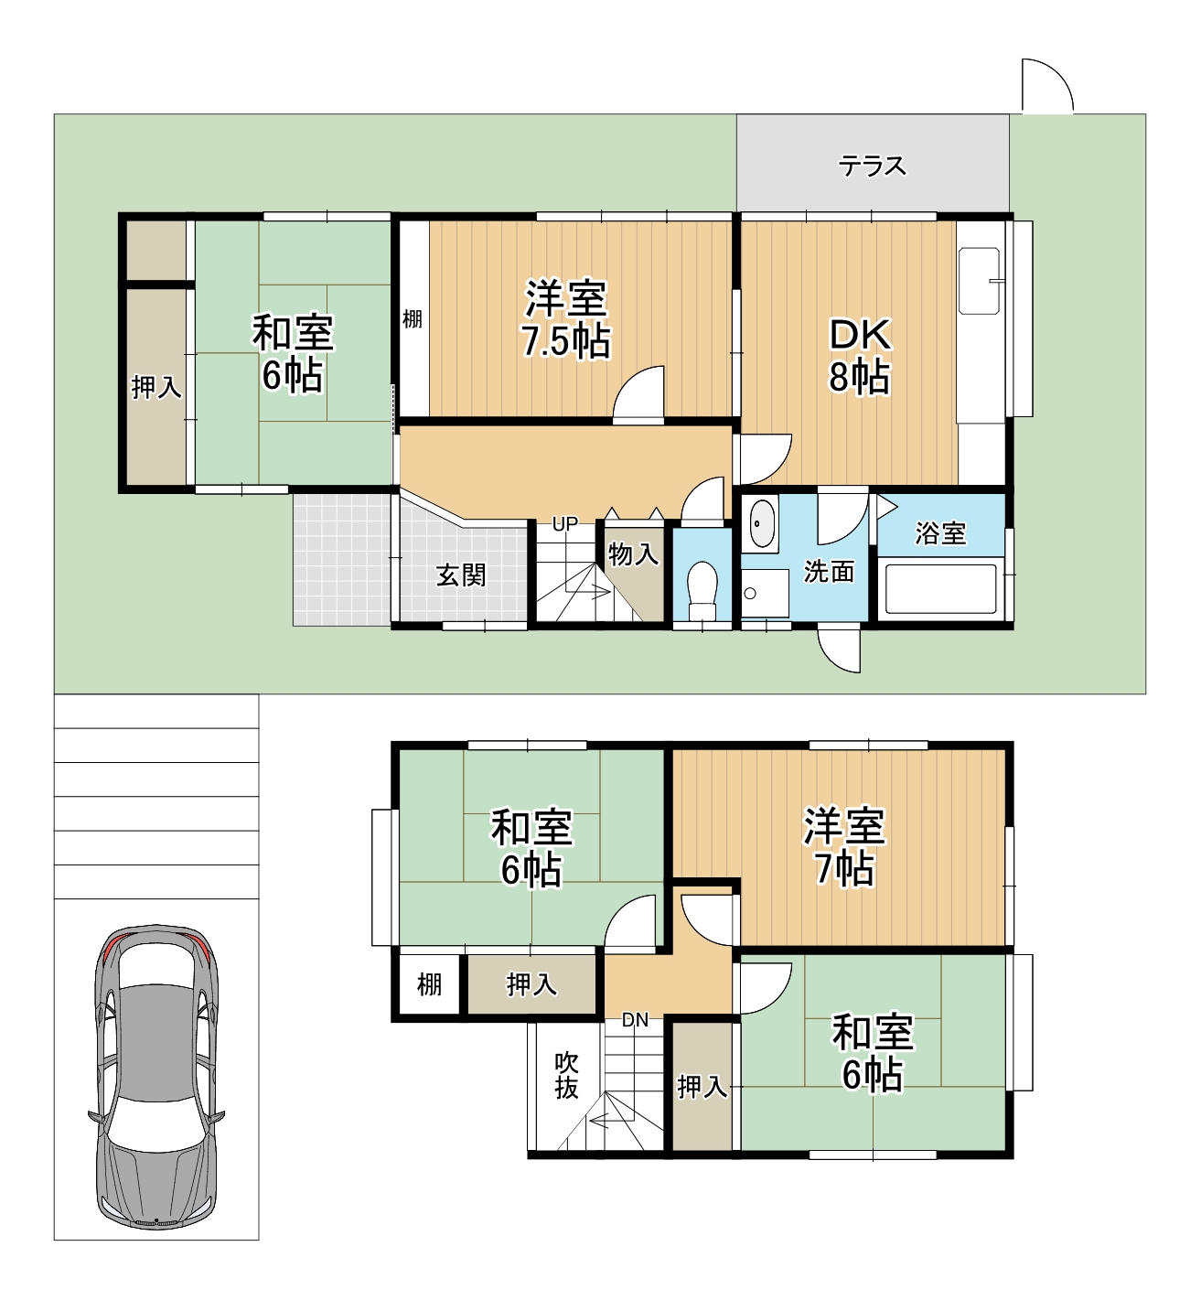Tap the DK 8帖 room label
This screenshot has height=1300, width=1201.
(x=859, y=356)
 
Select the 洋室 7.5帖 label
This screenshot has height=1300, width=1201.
(x=565, y=320)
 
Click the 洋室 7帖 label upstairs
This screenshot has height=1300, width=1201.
(x=843, y=847)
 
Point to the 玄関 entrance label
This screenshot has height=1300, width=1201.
(x=461, y=575)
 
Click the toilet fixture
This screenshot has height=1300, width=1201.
(x=702, y=590)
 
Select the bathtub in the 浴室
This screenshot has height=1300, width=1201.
(x=939, y=590)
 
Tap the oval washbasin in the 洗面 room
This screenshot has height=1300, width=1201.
(x=761, y=524)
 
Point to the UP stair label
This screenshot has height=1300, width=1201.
(x=564, y=524)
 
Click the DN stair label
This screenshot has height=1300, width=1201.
(x=635, y=1020)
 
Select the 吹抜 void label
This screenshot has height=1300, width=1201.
(x=566, y=1076)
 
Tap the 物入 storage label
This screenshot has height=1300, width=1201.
(x=633, y=554)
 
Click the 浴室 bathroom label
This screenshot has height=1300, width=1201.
(x=940, y=533)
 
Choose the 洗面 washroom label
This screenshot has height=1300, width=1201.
(x=829, y=572)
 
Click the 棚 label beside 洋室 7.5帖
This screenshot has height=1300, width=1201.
(x=413, y=319)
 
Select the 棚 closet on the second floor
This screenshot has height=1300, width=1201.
(x=429, y=984)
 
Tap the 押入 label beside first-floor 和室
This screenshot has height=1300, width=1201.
(x=156, y=388)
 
